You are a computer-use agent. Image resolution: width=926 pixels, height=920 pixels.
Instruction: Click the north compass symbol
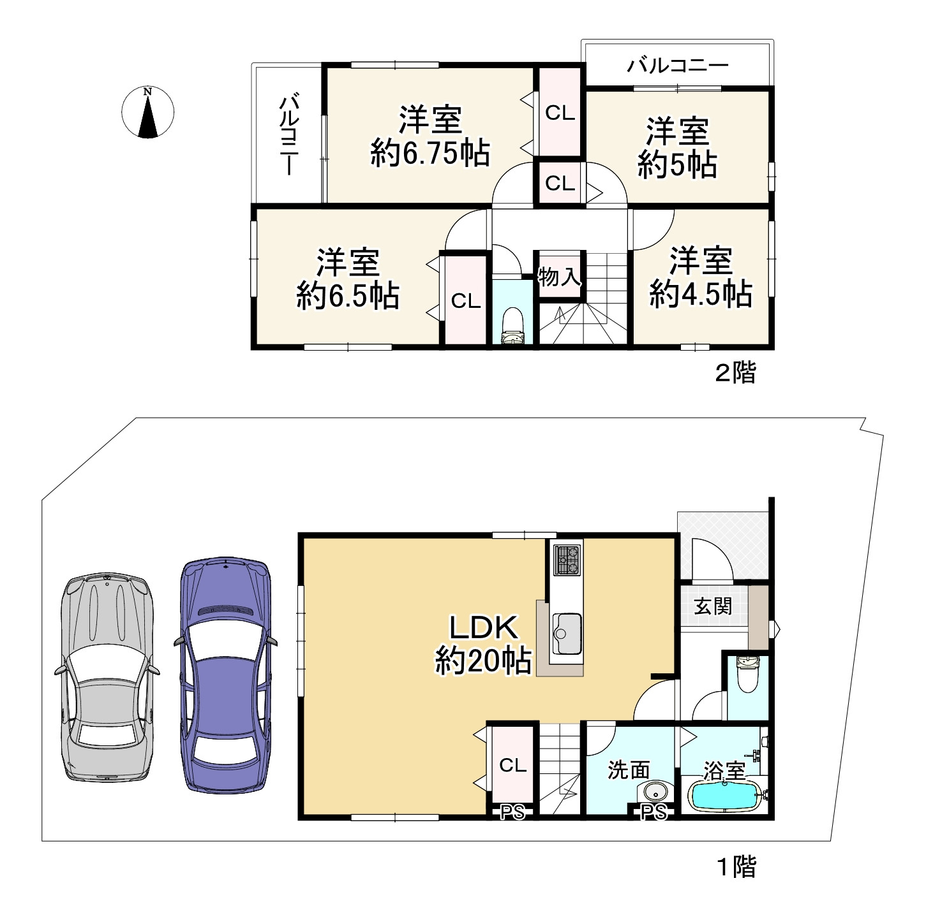click(147, 112)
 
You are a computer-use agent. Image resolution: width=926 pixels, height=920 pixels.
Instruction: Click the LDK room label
click(484, 627)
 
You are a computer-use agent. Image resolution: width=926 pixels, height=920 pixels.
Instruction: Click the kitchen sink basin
click(567, 633)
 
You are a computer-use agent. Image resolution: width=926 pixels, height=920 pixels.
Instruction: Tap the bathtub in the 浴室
click(725, 796)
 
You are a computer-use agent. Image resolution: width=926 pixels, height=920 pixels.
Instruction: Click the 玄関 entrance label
click(713, 606)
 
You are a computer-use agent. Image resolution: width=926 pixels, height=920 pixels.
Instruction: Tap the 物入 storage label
click(560, 277)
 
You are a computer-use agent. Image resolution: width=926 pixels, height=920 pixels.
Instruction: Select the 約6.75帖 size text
click(430, 154)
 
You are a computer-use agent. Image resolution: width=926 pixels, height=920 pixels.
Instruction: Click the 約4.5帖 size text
click(701, 294)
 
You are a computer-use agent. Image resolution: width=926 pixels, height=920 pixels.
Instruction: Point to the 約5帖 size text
click(678, 165)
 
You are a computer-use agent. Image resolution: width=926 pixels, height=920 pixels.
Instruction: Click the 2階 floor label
click(736, 372)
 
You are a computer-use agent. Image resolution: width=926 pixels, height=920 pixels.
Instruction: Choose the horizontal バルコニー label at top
click(678, 65)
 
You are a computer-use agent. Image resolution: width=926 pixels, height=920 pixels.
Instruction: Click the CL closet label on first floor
click(512, 765)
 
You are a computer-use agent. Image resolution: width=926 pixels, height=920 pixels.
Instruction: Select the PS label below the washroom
click(654, 812)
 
